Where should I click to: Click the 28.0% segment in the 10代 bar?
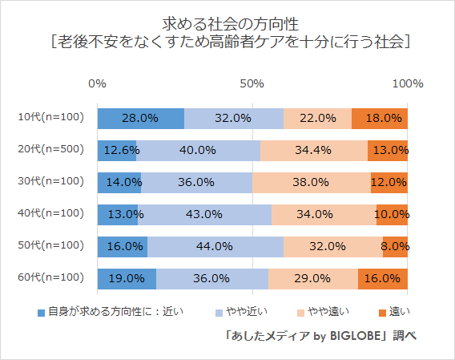coord(140,118)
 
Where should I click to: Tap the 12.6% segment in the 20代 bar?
coord(117,150)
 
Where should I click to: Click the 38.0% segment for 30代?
coord(312,182)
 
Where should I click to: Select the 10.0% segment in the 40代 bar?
coord(392,214)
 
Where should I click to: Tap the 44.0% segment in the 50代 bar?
coord(215,246)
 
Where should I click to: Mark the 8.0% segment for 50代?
coord(395,246)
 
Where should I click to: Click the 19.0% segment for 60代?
coord(127,278)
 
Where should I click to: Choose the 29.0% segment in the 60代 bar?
coord(313,278)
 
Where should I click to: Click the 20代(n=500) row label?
coord(50,150)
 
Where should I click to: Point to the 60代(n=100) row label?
coord(50,278)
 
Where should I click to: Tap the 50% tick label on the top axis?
coord(252,83)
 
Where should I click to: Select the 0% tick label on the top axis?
coord(98,83)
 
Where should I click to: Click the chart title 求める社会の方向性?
coord(227,19)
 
